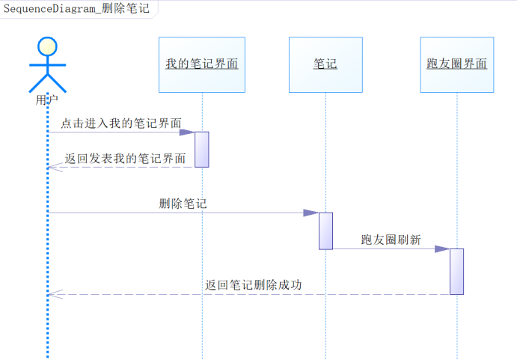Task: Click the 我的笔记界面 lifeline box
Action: pos(202,64)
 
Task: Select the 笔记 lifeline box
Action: pos(325,64)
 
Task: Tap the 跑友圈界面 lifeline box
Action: pos(456,64)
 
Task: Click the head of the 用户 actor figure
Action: pos(47,46)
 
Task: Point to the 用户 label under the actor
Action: pos(46,99)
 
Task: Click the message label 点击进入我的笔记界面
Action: pos(120,123)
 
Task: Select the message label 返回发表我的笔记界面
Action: pos(125,158)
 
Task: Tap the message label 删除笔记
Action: pos(183,203)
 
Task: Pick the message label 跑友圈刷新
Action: pos(391,240)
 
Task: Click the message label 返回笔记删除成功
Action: pos(254,284)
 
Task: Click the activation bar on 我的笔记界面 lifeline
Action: pos(202,149)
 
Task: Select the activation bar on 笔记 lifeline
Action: pos(325,231)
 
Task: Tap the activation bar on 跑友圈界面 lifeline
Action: pos(456,271)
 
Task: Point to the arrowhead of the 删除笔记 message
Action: pos(311,213)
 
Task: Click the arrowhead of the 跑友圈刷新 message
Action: pos(442,249)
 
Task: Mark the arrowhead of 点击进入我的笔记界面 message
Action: pos(188,132)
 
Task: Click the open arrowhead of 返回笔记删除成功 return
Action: pos(51,294)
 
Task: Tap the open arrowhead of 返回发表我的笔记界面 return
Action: pos(51,167)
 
